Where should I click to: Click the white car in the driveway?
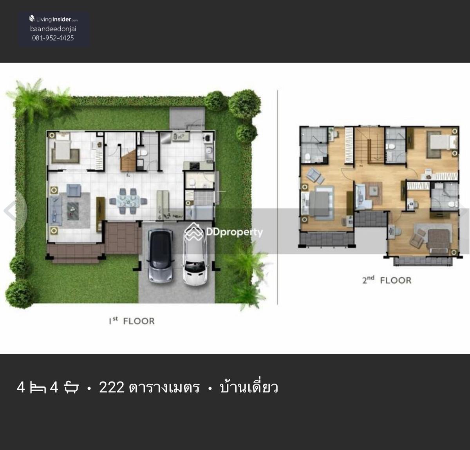(x=195, y=259)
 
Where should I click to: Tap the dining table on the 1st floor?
(x=128, y=201)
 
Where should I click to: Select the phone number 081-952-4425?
(x=53, y=38)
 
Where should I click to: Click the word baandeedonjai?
(x=53, y=29)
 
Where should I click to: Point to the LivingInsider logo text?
(x=53, y=19)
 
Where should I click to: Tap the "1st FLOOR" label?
(x=132, y=321)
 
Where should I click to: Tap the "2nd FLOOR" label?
(x=387, y=280)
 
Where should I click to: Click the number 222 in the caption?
(x=112, y=387)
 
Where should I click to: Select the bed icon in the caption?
(x=38, y=387)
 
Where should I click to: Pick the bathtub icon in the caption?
(x=71, y=387)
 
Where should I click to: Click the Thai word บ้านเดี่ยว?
(x=249, y=386)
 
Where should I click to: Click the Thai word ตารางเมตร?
(x=164, y=387)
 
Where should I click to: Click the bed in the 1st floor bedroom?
(x=62, y=149)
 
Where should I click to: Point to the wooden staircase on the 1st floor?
(x=128, y=159)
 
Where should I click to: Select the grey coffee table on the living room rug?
(x=73, y=211)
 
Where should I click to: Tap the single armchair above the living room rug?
(x=74, y=190)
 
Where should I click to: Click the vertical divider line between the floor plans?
(x=278, y=197)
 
